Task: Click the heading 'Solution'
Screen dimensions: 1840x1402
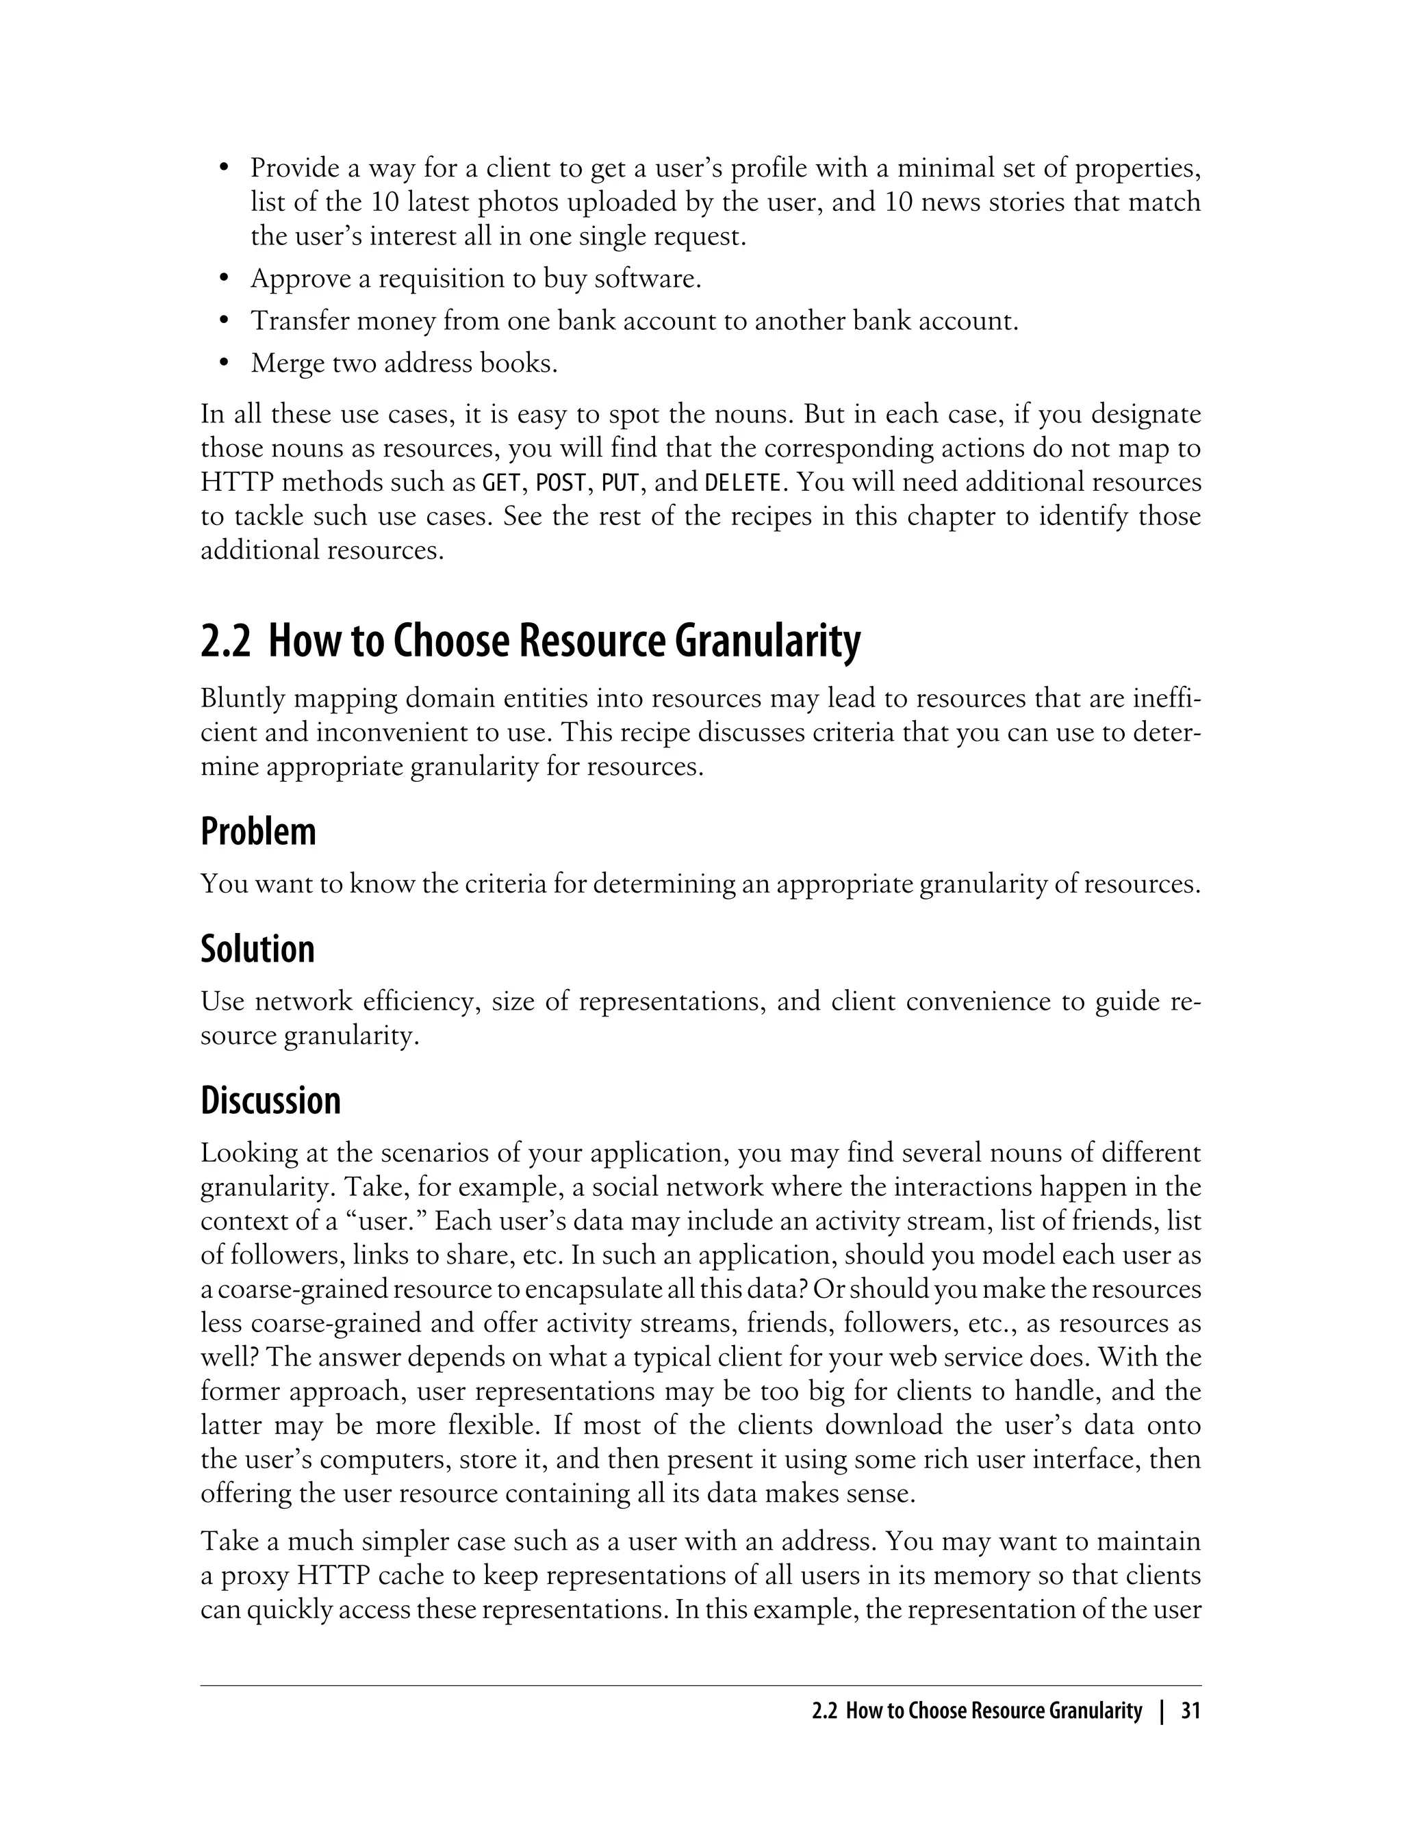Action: point(257,949)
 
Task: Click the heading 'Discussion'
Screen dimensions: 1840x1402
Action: point(270,1101)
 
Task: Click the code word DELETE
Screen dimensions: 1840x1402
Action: point(742,483)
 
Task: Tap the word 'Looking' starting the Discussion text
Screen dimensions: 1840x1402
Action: point(248,1153)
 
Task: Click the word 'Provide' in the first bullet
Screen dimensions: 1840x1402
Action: point(294,168)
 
